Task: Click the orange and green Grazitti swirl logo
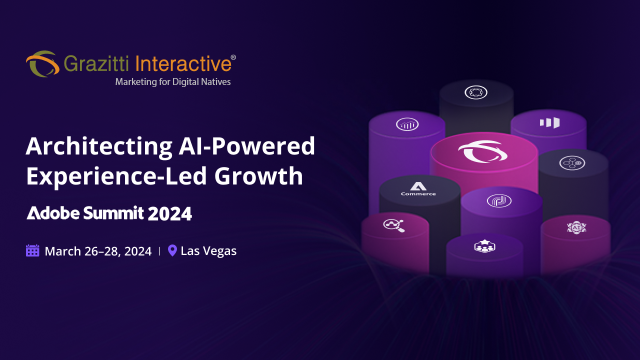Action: click(42, 64)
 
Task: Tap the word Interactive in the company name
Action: click(183, 64)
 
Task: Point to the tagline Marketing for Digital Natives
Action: click(173, 81)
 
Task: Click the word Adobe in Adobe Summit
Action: click(53, 213)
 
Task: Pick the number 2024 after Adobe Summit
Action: click(170, 214)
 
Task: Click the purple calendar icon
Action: click(32, 250)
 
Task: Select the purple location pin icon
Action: click(172, 250)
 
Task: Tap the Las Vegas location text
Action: click(208, 251)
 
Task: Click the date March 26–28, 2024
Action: click(98, 251)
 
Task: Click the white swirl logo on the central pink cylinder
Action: click(483, 151)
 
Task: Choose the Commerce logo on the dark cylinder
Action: click(418, 188)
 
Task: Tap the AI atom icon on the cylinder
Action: click(576, 227)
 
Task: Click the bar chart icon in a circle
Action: click(407, 124)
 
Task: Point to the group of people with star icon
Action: click(484, 246)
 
